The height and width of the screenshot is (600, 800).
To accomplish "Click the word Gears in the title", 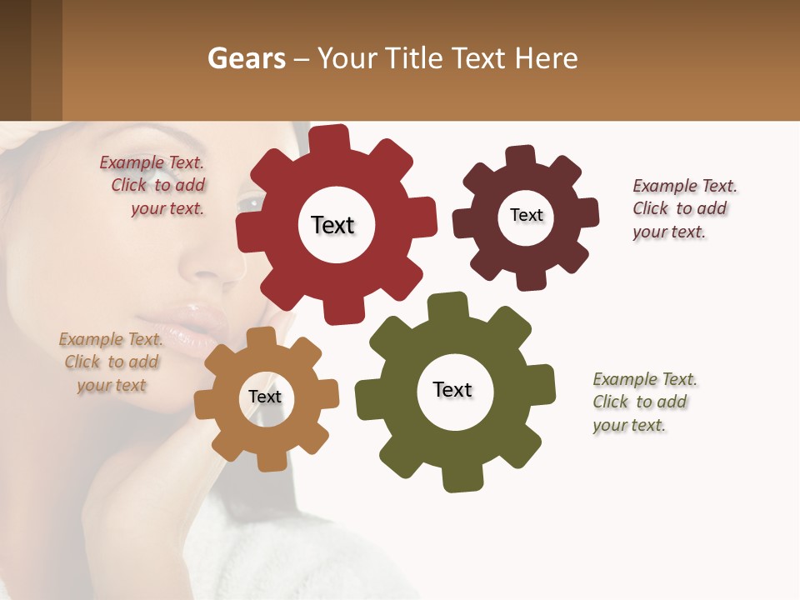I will click(247, 58).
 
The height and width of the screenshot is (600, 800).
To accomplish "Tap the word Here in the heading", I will click(546, 58).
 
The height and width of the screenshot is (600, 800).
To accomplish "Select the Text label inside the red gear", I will click(332, 225).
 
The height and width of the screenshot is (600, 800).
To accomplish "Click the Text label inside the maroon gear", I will click(526, 215).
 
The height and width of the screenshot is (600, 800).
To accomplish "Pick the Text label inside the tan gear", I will click(265, 397).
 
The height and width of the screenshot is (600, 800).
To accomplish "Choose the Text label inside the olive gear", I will click(452, 389).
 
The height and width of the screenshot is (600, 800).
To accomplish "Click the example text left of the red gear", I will click(154, 186).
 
